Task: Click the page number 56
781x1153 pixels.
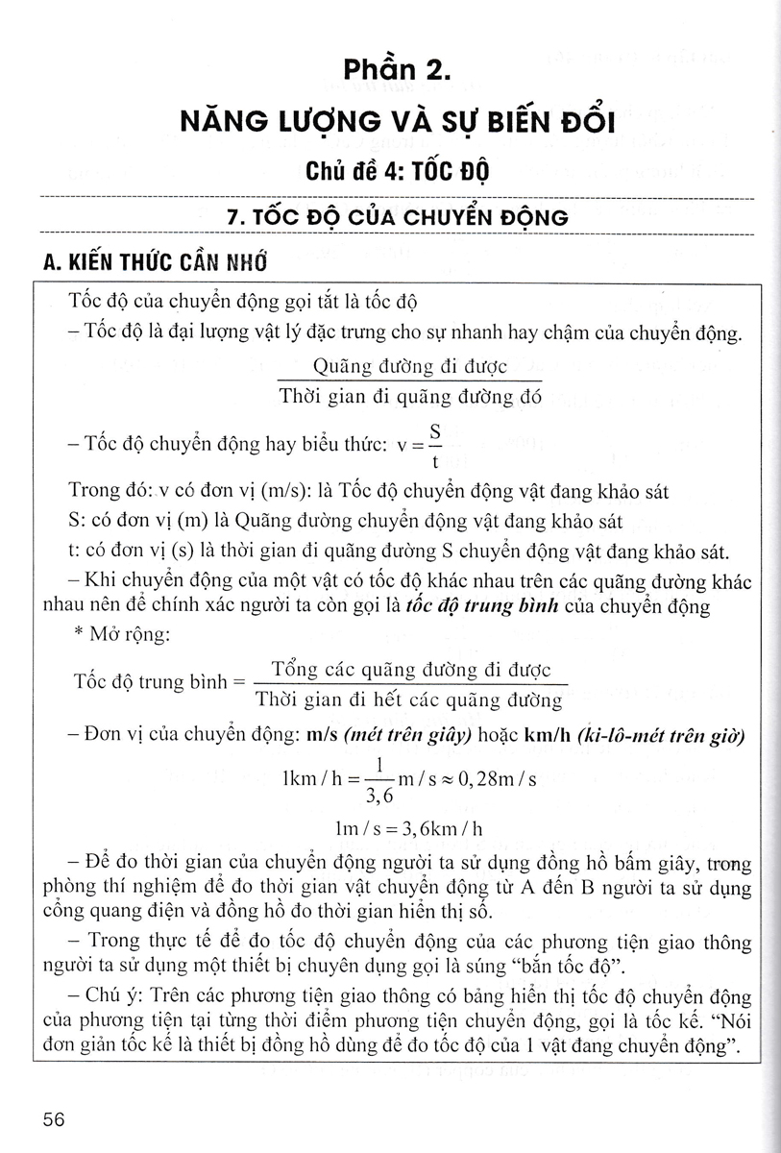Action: click(x=54, y=1119)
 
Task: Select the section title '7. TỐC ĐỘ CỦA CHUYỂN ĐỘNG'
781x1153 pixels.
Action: click(x=396, y=217)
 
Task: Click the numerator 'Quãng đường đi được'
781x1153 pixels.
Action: click(x=410, y=366)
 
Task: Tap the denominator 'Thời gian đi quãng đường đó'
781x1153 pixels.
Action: click(x=410, y=396)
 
